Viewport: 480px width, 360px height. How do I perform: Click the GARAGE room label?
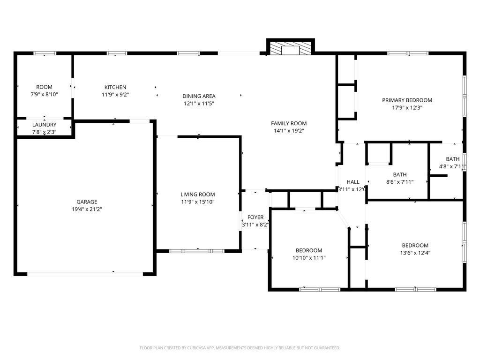87,202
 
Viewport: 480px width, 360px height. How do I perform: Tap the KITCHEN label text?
115,87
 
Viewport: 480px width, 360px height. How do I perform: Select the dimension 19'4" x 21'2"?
87,210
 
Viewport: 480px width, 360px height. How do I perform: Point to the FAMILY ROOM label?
289,123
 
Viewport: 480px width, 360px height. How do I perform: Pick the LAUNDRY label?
45,125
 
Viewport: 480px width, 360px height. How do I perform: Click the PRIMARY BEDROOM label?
407,100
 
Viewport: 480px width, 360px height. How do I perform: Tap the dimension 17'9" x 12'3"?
407,108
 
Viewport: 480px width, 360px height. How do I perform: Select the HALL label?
352,182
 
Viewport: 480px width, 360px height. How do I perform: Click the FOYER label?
255,217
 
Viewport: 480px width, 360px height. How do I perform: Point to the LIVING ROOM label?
197,195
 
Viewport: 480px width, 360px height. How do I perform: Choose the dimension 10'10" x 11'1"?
309,258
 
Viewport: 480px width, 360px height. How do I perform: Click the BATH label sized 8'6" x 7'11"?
400,174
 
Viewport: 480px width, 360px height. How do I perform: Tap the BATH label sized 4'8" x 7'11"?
452,159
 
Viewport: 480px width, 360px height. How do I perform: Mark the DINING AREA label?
199,96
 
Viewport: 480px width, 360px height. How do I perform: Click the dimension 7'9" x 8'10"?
45,94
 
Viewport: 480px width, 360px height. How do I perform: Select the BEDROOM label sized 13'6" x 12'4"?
415,245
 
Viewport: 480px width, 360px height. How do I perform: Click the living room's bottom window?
197,251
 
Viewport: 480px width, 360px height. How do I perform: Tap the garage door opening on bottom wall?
85,274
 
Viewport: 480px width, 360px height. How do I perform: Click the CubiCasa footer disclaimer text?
240,348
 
